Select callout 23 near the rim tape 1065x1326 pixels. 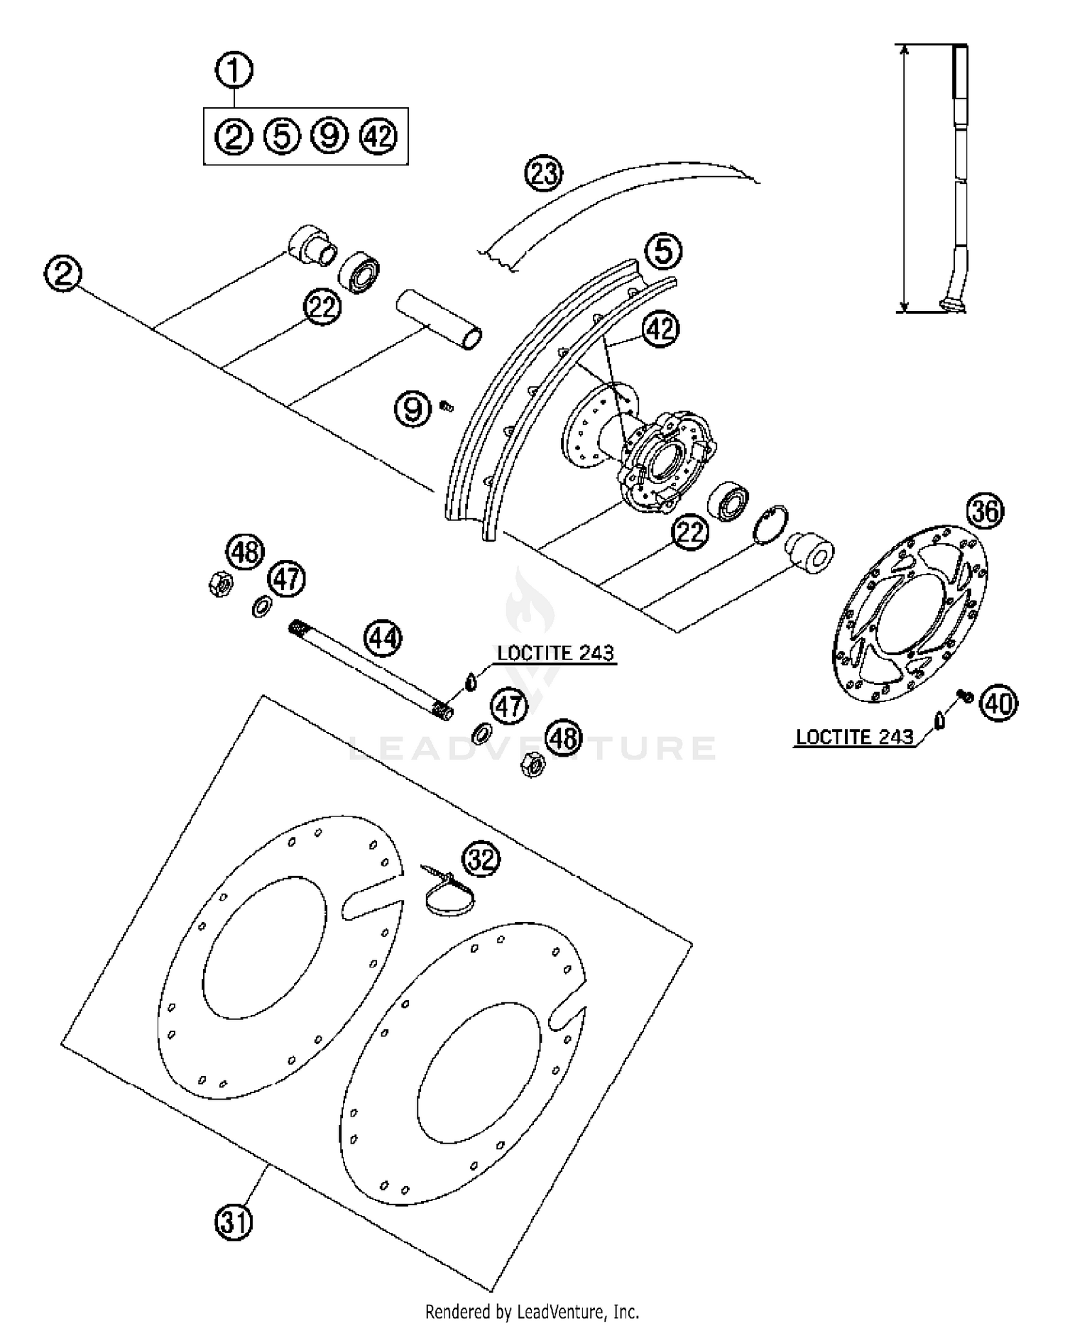pyautogui.click(x=543, y=173)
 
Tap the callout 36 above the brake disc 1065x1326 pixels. pyautogui.click(x=985, y=511)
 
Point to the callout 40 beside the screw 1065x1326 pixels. pyautogui.click(x=999, y=703)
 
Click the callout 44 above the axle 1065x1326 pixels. pyautogui.click(x=383, y=638)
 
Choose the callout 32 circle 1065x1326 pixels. pyautogui.click(x=481, y=860)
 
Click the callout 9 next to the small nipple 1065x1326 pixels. pyautogui.click(x=413, y=410)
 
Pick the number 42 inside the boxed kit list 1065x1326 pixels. pyautogui.click(x=378, y=136)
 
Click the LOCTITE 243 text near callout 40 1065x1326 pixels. pyautogui.click(x=854, y=737)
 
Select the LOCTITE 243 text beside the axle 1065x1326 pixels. pyautogui.click(x=555, y=653)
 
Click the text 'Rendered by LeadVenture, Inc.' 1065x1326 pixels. pyautogui.click(x=532, y=1310)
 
